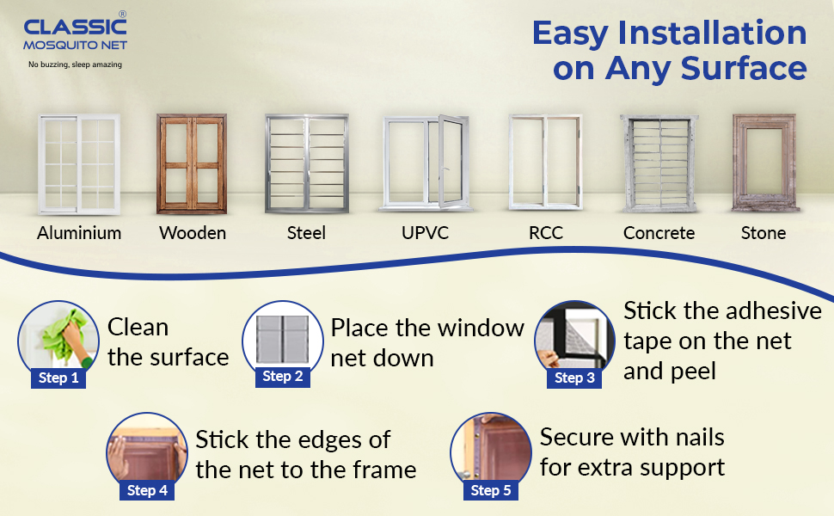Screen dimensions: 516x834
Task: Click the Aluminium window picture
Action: pos(78,165)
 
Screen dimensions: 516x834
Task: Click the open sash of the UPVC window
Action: pos(451,161)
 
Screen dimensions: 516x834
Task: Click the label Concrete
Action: pos(659,233)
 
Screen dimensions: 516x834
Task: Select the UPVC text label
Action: pos(425,233)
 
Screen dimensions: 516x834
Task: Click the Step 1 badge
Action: pos(58,378)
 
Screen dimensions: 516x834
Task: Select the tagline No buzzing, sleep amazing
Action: pos(76,64)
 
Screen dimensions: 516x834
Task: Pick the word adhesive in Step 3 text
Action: pos(767,310)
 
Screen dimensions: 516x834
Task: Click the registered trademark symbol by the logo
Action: pos(122,15)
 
